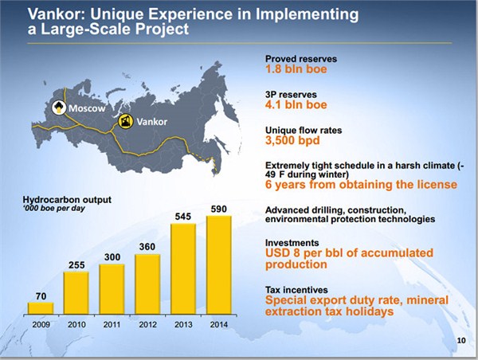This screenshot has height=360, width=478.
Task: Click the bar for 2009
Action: pyautogui.click(x=41, y=308)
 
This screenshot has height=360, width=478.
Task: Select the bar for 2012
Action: pyautogui.click(x=147, y=284)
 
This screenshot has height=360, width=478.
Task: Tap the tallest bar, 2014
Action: pyautogui.click(x=219, y=265)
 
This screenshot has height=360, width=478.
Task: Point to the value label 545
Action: pyautogui.click(x=183, y=217)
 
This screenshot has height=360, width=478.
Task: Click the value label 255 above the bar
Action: pyautogui.click(x=76, y=265)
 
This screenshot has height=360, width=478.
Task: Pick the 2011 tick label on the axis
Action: pyautogui.click(x=112, y=325)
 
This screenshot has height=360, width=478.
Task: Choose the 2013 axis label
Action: pyautogui.click(x=183, y=325)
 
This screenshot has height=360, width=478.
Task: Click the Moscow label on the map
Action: pyautogui.click(x=87, y=108)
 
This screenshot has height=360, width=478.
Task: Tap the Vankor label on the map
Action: pyautogui.click(x=152, y=122)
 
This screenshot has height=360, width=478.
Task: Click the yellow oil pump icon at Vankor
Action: pyautogui.click(x=126, y=121)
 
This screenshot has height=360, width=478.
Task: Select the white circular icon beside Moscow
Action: pyautogui.click(x=59, y=108)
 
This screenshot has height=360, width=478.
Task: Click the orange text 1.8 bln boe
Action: pyautogui.click(x=296, y=69)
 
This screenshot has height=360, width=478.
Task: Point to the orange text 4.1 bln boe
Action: pyautogui.click(x=296, y=105)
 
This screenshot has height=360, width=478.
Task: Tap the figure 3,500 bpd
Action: pyautogui.click(x=292, y=140)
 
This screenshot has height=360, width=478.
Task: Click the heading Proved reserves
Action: pyautogui.click(x=301, y=59)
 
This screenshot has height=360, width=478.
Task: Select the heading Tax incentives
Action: pyautogui.click(x=296, y=290)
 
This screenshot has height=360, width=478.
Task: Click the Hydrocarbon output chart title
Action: pyautogui.click(x=67, y=200)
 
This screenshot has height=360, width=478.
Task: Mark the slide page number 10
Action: pyautogui.click(x=461, y=341)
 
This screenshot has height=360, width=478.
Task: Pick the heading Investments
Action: pyautogui.click(x=292, y=243)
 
